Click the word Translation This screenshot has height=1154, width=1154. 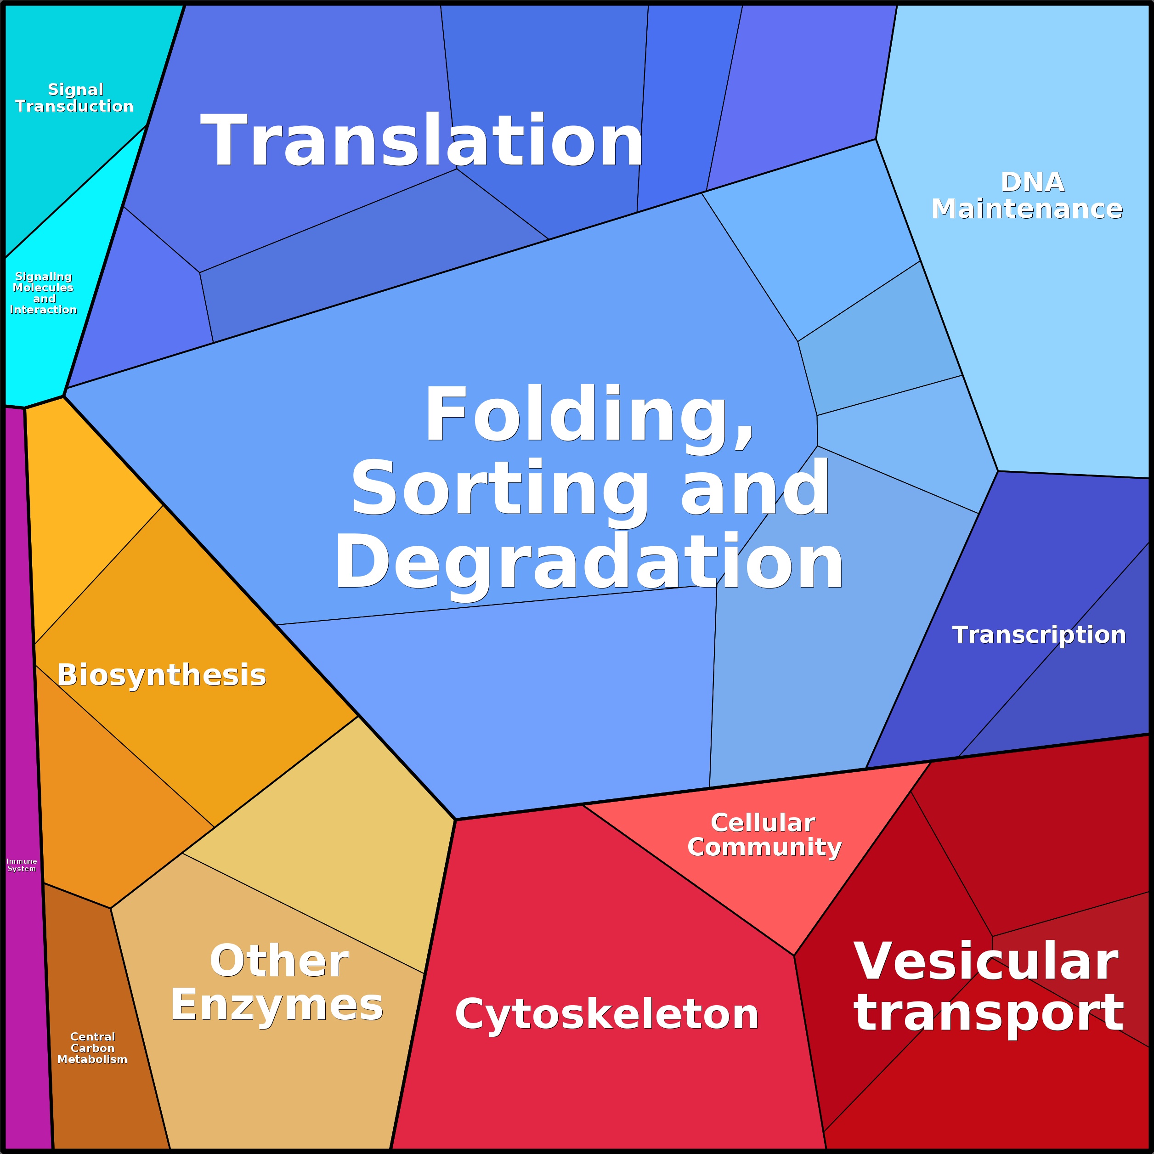pyautogui.click(x=422, y=141)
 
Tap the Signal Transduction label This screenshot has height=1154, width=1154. pyautogui.click(x=75, y=98)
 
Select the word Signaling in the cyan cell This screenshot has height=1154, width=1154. pyautogui.click(x=43, y=277)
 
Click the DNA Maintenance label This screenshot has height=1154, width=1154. pyautogui.click(x=1027, y=196)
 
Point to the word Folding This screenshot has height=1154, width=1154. pyautogui.click(x=588, y=415)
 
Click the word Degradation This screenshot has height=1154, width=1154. pyautogui.click(x=588, y=563)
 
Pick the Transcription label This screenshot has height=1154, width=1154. pyautogui.click(x=1039, y=635)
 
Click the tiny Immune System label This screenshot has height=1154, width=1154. pyautogui.click(x=22, y=865)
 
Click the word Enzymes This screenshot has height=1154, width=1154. pyautogui.click(x=277, y=1005)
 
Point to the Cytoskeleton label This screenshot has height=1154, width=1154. pyautogui.click(x=606, y=1014)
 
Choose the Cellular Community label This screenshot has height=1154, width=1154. pyautogui.click(x=764, y=835)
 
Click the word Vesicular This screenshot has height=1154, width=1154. pyautogui.click(x=985, y=962)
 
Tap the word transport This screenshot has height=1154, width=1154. pyautogui.click(x=989, y=1013)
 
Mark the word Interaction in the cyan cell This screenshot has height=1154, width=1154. pyautogui.click(x=43, y=310)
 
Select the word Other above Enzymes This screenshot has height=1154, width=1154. pyautogui.click(x=279, y=961)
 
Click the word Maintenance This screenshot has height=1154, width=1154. pyautogui.click(x=1027, y=209)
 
